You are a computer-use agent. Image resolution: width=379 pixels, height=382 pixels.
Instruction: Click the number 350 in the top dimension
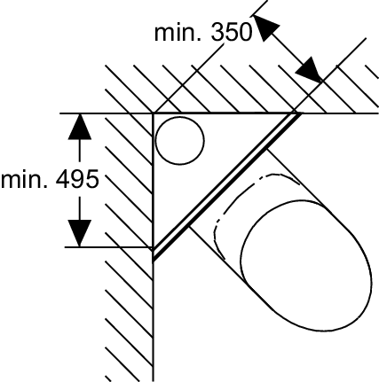click(x=232, y=32)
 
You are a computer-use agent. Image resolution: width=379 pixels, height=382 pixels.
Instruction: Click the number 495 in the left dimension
click(x=77, y=179)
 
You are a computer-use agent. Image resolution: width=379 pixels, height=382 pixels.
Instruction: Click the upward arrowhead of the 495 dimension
click(x=79, y=127)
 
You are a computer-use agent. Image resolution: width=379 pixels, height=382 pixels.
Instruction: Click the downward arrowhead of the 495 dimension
click(x=79, y=233)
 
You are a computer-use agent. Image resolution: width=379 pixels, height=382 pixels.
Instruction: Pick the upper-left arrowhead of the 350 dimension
click(x=266, y=27)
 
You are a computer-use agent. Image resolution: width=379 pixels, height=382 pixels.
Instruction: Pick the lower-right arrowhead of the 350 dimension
click(x=309, y=70)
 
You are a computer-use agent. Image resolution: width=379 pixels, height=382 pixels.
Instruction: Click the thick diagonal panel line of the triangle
click(x=226, y=187)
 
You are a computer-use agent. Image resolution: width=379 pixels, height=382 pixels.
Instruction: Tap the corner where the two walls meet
click(x=153, y=113)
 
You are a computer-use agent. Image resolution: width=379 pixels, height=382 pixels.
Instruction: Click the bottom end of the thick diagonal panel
click(x=154, y=259)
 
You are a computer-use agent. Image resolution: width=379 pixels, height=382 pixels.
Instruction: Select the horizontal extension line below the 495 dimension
click(x=108, y=246)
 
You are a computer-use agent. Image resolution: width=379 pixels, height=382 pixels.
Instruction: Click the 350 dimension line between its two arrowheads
click(x=288, y=49)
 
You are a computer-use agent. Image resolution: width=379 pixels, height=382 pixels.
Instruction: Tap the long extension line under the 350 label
click(x=188, y=78)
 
